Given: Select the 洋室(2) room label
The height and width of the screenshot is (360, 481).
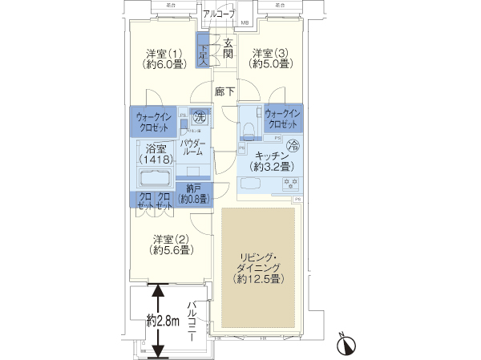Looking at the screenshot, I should pyautogui.click(x=169, y=244).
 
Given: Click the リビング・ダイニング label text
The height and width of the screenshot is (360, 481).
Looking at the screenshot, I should pyautogui.click(x=257, y=268).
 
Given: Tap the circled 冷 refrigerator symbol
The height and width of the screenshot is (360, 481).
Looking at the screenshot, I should pyautogui.click(x=293, y=144).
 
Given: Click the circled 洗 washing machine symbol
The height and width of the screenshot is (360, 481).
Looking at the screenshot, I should pyautogui.click(x=193, y=115).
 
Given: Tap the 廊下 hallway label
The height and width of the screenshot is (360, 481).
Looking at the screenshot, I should pyautogui.click(x=225, y=92).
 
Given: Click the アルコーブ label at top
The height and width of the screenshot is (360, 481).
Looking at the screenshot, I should pyautogui.click(x=218, y=14).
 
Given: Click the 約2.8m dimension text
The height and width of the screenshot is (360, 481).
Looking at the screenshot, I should pyautogui.click(x=162, y=320).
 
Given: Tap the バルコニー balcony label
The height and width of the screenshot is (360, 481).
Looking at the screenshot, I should pyautogui.click(x=192, y=322).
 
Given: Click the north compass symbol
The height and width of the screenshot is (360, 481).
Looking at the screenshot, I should pyautogui.click(x=346, y=343).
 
